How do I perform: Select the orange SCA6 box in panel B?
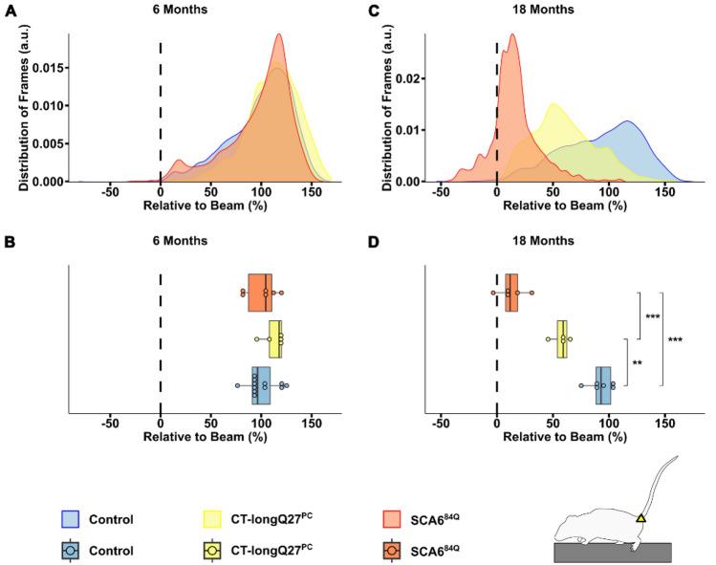point(260,293)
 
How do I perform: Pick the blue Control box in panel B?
point(261,385)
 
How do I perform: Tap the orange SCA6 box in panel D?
point(512,293)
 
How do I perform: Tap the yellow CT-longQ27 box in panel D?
point(562,339)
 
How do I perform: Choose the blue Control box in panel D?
point(603,385)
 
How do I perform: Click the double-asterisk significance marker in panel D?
point(636,364)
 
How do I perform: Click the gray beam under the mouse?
point(612,552)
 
